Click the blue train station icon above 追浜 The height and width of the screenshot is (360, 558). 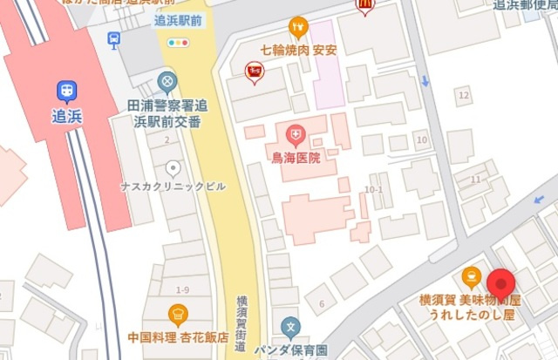66,90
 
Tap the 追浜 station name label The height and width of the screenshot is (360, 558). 66,115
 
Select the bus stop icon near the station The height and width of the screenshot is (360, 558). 113,39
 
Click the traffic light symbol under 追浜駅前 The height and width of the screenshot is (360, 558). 180,43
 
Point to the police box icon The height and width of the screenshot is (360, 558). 167,83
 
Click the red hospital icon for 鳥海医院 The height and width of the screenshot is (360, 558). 296,135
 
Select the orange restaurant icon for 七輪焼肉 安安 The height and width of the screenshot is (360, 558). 298,27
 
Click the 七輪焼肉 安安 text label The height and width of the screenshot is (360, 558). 298,50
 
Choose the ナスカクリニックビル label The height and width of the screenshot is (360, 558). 174,187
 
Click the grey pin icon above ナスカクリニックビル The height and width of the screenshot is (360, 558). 174,167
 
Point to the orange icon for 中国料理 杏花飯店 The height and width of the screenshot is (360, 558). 178,314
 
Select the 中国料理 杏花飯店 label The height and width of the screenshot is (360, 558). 178,336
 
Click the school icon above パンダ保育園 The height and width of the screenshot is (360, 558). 291,329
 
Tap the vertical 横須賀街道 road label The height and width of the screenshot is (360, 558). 242,323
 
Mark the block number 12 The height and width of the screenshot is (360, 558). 463,94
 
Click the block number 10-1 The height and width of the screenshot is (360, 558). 375,188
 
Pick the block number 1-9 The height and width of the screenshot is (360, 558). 182,289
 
